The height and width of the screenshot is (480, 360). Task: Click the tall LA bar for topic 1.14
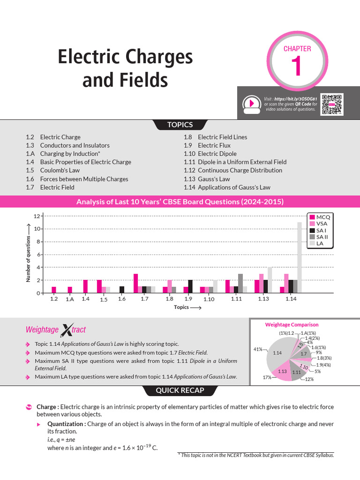[300, 258]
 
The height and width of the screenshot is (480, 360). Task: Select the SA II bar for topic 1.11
[240, 284]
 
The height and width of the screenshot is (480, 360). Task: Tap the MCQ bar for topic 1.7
[135, 284]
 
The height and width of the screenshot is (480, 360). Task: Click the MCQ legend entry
[320, 217]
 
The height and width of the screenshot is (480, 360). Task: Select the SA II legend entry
[320, 237]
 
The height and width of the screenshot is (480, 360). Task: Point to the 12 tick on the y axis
[37, 216]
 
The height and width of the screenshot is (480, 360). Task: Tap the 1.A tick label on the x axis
[70, 299]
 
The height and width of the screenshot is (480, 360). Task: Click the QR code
[332, 105]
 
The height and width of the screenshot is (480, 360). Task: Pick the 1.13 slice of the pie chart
[282, 371]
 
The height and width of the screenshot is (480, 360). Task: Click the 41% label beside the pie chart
[257, 349]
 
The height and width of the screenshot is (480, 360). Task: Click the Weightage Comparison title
[292, 324]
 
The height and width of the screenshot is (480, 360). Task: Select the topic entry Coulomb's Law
[53, 171]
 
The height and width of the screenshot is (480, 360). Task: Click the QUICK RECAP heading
[180, 390]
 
